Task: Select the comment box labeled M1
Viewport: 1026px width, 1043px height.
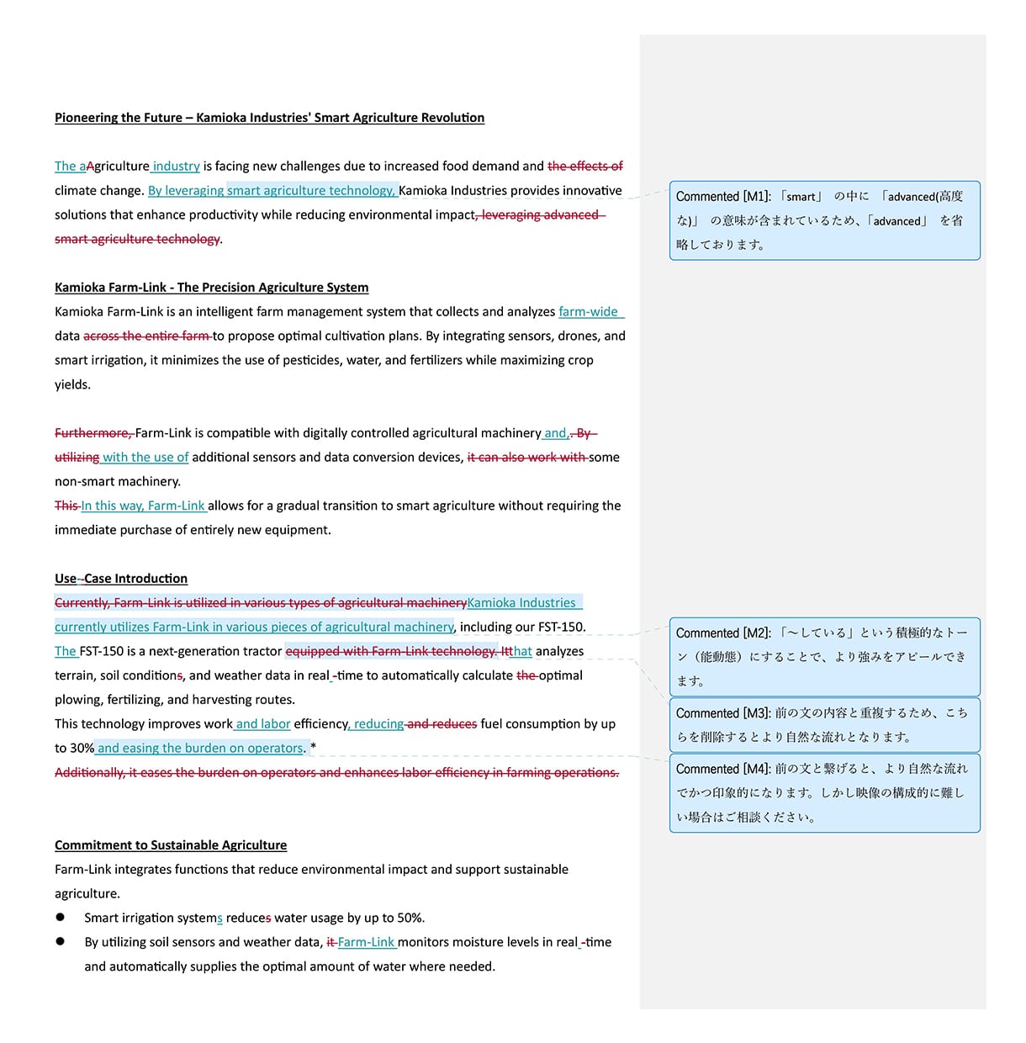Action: (824, 220)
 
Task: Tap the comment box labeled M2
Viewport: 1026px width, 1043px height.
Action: (824, 657)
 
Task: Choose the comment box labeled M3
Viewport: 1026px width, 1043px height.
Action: (824, 724)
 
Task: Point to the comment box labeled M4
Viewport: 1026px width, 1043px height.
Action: (824, 792)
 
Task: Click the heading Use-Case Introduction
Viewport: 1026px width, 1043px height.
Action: (121, 579)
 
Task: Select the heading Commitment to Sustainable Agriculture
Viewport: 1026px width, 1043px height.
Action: (171, 845)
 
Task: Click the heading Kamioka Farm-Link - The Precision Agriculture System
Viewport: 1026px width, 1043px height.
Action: (211, 288)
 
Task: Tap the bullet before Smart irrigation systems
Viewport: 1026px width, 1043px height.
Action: (61, 918)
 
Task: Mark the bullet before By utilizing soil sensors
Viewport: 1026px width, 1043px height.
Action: (61, 942)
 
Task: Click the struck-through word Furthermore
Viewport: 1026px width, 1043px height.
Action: (92, 433)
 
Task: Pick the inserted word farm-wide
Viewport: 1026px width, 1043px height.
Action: (588, 312)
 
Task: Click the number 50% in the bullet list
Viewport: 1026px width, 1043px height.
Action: (410, 918)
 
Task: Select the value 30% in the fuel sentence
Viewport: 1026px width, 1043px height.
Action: (82, 749)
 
